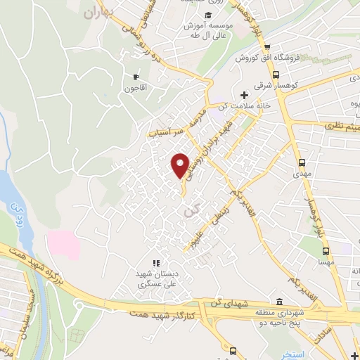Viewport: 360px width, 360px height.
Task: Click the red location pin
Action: click(181, 165)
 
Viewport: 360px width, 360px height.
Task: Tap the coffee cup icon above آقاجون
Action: click(136, 77)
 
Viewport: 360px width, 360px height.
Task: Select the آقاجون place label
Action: click(136, 89)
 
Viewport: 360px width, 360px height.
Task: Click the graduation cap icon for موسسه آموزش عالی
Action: click(208, 15)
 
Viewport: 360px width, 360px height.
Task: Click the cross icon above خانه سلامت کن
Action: click(244, 95)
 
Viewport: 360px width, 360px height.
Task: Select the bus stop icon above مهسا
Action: click(326, 250)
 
